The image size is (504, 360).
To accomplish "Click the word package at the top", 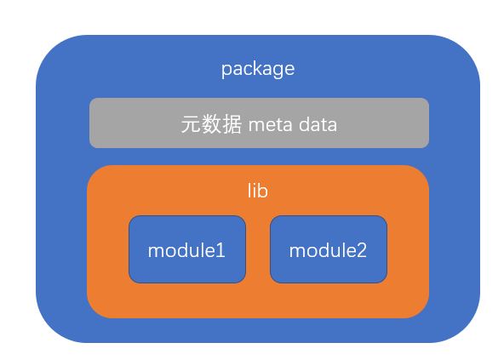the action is (x=258, y=70).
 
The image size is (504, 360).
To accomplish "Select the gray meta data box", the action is (x=259, y=123).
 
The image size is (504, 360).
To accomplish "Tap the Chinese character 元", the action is (x=192, y=124).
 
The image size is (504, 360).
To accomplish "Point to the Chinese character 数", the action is (x=211, y=124).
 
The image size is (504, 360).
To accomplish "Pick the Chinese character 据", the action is (x=232, y=124).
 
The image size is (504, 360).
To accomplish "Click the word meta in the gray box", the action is (x=271, y=125).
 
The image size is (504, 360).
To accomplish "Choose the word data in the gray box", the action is (x=318, y=125).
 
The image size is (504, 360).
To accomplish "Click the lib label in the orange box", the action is (x=257, y=191).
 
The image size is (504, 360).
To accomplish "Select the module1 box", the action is (x=187, y=249).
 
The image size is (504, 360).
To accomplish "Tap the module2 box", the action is (x=329, y=249).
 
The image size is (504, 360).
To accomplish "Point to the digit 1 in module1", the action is (x=220, y=251).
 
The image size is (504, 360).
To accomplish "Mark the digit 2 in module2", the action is (x=361, y=251).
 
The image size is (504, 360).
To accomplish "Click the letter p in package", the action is (x=226, y=71).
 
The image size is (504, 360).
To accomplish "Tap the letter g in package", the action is (x=278, y=71).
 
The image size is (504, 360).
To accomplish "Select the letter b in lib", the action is (x=263, y=191).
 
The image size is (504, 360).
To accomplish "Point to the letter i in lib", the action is (x=254, y=191).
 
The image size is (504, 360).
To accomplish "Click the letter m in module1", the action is (x=156, y=253).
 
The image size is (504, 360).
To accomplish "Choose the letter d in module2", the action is (x=326, y=250).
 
